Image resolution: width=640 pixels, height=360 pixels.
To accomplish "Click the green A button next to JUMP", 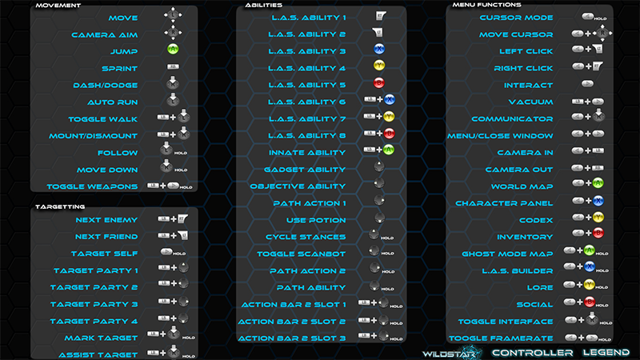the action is point(172,50).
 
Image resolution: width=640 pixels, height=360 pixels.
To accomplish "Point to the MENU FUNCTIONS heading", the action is point(487,5).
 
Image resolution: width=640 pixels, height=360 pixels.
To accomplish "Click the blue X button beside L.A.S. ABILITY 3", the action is point(379,50).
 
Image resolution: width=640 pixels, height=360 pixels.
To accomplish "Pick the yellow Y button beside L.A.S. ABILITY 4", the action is point(379,67).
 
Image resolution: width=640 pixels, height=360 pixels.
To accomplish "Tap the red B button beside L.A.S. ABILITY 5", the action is point(379,84).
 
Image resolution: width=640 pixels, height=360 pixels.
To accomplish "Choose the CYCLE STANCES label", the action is point(306,237).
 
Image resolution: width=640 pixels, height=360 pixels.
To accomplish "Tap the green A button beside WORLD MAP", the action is point(598,186).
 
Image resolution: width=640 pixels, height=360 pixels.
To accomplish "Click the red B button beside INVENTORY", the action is point(598,236).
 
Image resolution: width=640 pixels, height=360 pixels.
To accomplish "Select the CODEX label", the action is point(535,220).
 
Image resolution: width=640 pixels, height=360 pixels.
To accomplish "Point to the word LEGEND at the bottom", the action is point(606,352).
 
